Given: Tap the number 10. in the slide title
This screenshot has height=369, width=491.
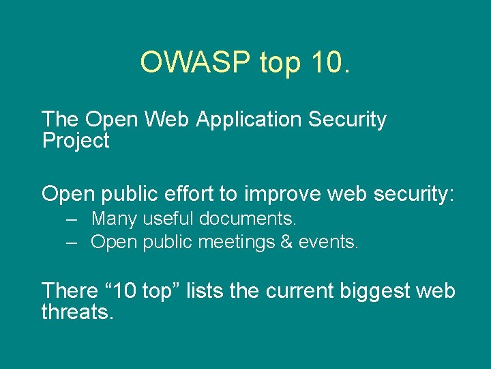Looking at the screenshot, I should (x=329, y=62).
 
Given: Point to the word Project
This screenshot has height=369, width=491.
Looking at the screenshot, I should (x=75, y=141).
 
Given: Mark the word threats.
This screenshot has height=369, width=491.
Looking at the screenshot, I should (x=77, y=312).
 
